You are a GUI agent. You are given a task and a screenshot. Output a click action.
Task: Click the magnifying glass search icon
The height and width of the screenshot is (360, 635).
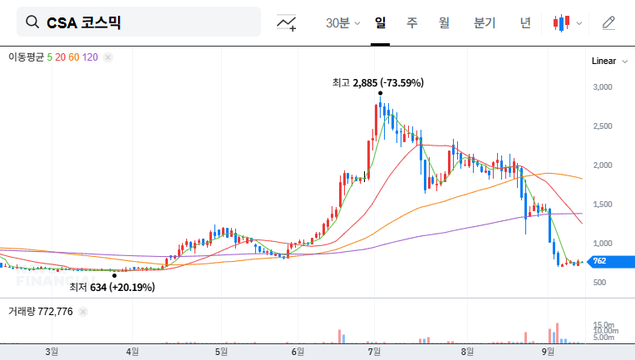32,22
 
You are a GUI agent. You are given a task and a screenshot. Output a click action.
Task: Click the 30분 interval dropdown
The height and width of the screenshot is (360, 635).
342,23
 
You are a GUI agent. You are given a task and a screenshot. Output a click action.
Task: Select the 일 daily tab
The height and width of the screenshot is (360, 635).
380,22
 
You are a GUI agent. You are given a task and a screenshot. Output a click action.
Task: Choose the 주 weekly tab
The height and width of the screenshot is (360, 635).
411,22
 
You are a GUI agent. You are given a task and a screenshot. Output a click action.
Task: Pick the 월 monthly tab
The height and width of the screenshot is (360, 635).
444,22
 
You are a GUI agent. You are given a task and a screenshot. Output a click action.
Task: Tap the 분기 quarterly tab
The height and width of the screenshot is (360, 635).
484,22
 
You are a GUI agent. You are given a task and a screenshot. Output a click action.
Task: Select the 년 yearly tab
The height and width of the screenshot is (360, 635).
525,22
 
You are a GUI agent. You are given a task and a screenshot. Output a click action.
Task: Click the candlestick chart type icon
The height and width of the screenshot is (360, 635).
563,23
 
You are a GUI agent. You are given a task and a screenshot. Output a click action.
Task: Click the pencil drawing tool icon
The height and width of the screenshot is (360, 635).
608,22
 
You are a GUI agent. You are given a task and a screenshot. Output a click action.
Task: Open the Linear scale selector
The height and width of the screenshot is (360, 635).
603,62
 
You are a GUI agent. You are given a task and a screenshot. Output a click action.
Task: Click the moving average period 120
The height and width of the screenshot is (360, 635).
91,57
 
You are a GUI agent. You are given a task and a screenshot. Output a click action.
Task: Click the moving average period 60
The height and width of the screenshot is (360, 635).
74,57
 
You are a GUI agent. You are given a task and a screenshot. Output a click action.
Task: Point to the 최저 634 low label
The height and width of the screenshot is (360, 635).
111,288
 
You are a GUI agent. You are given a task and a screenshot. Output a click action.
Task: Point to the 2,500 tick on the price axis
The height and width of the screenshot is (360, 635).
602,126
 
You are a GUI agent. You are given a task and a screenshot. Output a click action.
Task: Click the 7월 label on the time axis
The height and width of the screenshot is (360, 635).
375,351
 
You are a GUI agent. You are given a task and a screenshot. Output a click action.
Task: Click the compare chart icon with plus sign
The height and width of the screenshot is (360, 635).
287,23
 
